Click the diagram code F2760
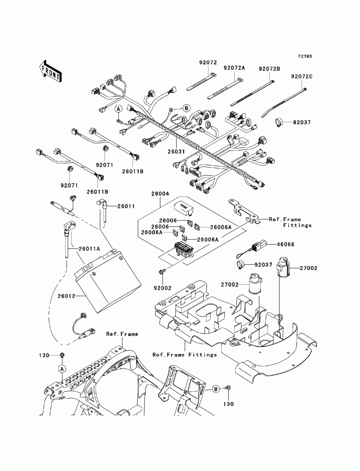tap(305, 56)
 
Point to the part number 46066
tap(285, 244)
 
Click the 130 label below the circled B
tap(228, 404)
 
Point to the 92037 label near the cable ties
tap(301, 122)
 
